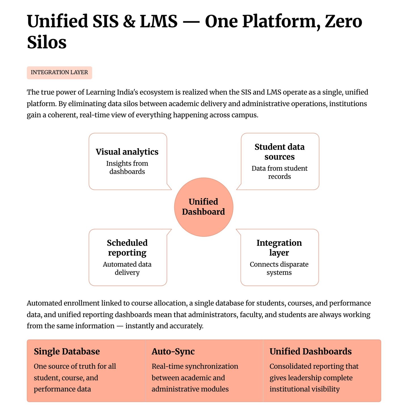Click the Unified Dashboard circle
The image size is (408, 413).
pyautogui.click(x=203, y=207)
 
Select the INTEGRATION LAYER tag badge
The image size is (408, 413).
pyautogui.click(x=59, y=72)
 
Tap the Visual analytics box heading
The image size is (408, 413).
pyautogui.click(x=127, y=152)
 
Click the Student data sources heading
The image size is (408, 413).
pyautogui.click(x=279, y=152)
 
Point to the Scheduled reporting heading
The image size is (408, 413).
pyautogui.click(x=127, y=248)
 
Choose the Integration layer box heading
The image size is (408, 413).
pyautogui.click(x=279, y=248)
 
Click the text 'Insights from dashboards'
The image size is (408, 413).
pyautogui.click(x=127, y=168)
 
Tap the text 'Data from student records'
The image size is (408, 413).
pyautogui.click(x=279, y=172)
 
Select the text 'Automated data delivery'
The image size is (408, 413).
pyautogui.click(x=127, y=268)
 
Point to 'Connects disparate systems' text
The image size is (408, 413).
pyautogui.click(x=279, y=268)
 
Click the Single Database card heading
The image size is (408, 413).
pyautogui.click(x=67, y=352)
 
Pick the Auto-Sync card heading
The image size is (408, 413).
pyautogui.click(x=173, y=352)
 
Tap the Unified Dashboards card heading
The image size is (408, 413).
pyautogui.click(x=311, y=352)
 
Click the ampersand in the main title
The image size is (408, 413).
pyautogui.click(x=129, y=22)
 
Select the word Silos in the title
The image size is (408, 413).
pyautogui.click(x=47, y=43)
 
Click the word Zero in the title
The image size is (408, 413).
pyautogui.click(x=343, y=22)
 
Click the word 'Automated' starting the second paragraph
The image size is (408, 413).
pyautogui.click(x=44, y=303)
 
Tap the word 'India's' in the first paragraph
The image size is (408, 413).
pyautogui.click(x=127, y=92)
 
